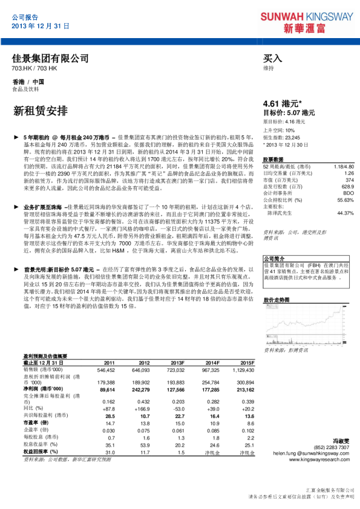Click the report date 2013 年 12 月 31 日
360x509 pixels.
point(41,27)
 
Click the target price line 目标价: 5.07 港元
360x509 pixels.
point(289,113)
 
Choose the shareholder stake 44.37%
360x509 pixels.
point(345,213)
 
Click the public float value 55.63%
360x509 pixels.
point(345,199)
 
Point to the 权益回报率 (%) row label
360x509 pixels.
point(41,452)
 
